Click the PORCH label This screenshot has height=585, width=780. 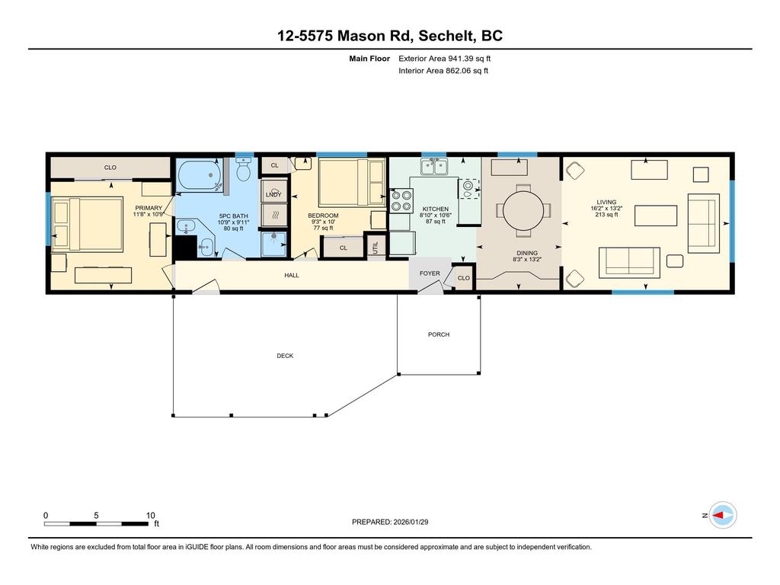[439, 334]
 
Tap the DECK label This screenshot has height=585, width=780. [285, 356]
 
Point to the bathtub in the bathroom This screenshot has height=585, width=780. [200, 177]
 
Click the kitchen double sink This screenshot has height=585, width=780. [436, 165]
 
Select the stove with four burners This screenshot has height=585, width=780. [399, 201]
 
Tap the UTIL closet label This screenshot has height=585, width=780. [375, 246]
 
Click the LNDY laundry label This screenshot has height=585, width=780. [273, 195]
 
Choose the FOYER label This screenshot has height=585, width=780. [430, 273]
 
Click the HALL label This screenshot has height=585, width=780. [292, 275]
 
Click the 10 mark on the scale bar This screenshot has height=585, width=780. [151, 515]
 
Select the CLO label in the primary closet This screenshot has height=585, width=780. [110, 168]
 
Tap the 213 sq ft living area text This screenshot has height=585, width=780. [607, 215]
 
